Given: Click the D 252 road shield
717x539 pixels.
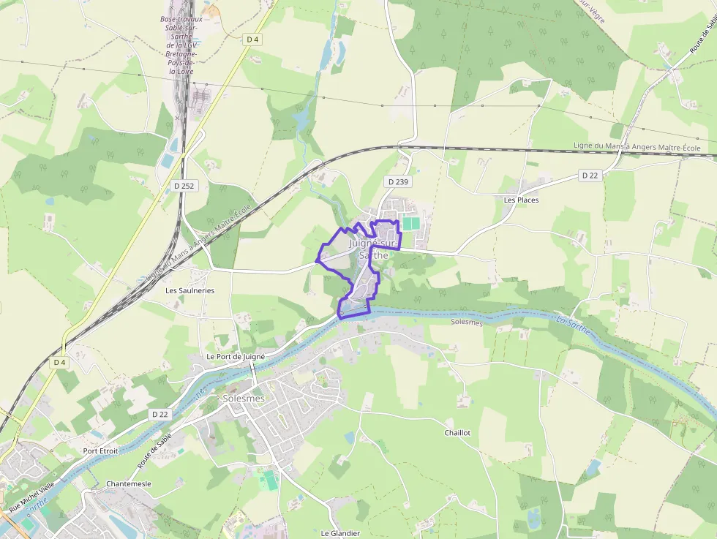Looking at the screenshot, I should pyautogui.click(x=185, y=186).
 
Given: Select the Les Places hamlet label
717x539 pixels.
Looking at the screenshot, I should pyautogui.click(x=521, y=200).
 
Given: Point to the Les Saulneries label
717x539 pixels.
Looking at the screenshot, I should pyautogui.click(x=190, y=290).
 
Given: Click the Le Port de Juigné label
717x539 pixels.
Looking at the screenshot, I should pyautogui.click(x=235, y=356).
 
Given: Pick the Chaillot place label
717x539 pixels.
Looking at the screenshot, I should pyautogui.click(x=457, y=433).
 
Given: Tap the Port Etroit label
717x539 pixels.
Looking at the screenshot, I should pyautogui.click(x=100, y=451).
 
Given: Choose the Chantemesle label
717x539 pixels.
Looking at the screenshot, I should pyautogui.click(x=129, y=484).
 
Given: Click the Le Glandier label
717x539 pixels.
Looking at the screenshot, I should pyautogui.click(x=340, y=533).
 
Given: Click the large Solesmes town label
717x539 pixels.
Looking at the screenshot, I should pyautogui.click(x=243, y=399).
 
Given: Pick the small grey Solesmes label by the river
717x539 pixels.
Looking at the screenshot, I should pyautogui.click(x=467, y=322).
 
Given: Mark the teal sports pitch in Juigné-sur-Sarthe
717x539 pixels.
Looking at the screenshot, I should pyautogui.click(x=411, y=222).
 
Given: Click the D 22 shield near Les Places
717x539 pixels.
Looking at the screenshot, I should pyautogui.click(x=590, y=176).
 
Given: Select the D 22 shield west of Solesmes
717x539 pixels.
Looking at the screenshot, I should pyautogui.click(x=160, y=414).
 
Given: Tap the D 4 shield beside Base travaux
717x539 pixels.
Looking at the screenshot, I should pyautogui.click(x=252, y=39).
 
